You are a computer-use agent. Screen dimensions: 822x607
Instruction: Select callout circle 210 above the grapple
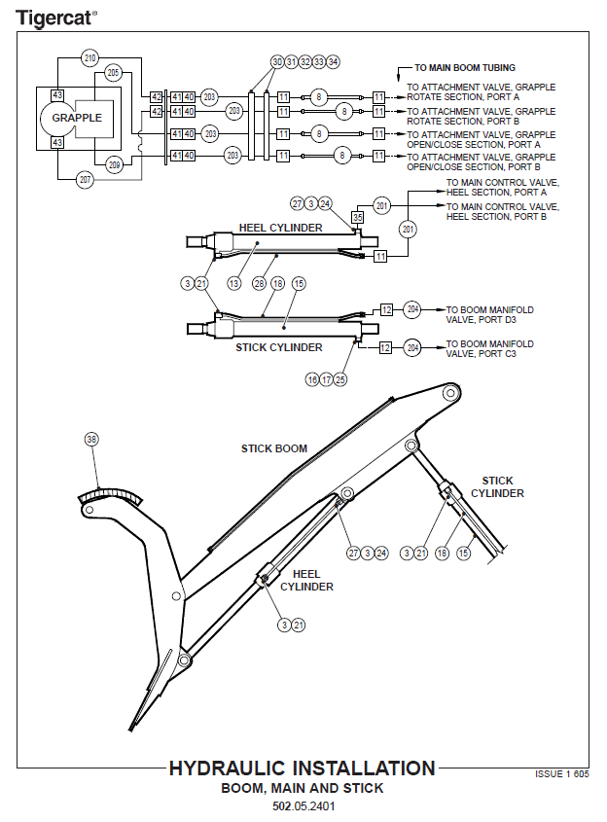pos(90,59)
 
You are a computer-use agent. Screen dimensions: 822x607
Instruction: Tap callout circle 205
pos(114,73)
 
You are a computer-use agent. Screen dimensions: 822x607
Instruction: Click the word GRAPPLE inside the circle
pos(77,118)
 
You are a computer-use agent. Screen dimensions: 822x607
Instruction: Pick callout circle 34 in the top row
pos(334,61)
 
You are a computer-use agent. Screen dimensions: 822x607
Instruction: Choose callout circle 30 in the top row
pos(277,61)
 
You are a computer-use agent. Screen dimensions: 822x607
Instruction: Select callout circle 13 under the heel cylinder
pos(233,282)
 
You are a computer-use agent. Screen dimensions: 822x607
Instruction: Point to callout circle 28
pos(259,282)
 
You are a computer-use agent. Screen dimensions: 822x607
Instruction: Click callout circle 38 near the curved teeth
pos(91,439)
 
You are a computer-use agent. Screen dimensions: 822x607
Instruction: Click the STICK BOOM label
pos(274,448)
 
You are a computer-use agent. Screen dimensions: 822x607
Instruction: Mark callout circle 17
pos(326,379)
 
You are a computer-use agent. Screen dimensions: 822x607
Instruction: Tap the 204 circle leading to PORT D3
pos(412,310)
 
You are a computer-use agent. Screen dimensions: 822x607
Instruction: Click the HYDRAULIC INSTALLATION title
pos(302,768)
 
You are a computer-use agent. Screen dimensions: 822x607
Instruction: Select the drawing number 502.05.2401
pos(303,806)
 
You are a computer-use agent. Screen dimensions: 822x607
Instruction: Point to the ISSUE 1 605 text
pos(562,774)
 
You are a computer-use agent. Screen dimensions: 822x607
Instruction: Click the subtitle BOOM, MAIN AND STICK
pos(303,788)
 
